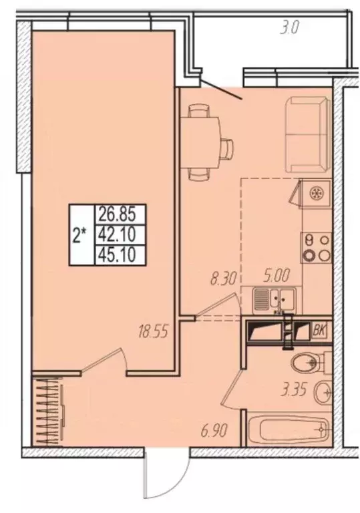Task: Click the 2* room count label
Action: point(81,234)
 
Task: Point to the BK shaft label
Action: point(321,330)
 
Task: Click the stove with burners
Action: point(315,246)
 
